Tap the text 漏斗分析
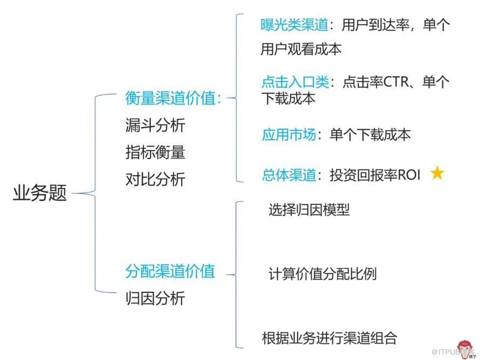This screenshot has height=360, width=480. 155,125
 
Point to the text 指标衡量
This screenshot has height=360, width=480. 155,152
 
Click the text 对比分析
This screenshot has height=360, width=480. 155,179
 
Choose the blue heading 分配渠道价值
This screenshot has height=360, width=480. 170,271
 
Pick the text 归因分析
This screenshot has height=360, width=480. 155,298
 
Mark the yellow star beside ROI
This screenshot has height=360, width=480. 437,174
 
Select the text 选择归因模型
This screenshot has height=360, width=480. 309,209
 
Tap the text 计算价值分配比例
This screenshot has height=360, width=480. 322,274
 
